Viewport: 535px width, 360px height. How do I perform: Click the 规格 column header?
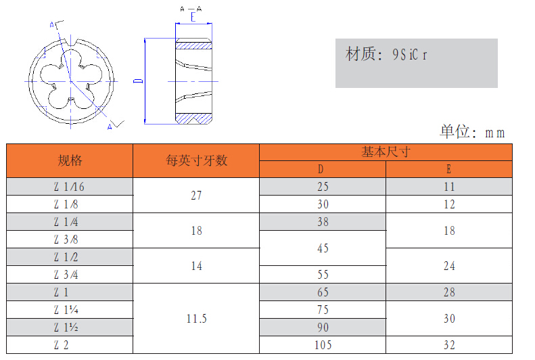[70, 160]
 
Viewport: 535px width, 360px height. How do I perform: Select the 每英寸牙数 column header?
[196, 160]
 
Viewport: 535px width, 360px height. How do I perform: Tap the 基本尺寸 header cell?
[386, 152]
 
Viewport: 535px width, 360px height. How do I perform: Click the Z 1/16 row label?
[69, 187]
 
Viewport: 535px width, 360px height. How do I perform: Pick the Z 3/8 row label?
[66, 240]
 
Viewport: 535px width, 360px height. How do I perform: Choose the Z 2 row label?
[61, 345]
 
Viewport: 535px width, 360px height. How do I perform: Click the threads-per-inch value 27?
[196, 196]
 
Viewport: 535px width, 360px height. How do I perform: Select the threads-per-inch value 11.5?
[196, 319]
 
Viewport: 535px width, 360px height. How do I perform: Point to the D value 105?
[323, 345]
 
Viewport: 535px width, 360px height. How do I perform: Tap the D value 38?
[323, 222]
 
